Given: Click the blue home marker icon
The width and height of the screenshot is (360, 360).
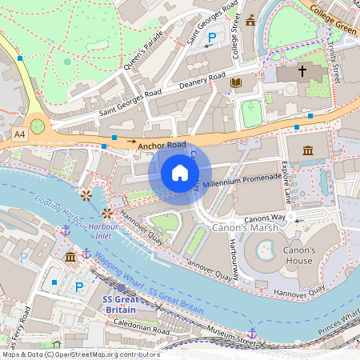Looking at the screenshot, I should tap(180, 173).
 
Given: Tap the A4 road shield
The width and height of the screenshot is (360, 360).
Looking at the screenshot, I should tap(19, 137).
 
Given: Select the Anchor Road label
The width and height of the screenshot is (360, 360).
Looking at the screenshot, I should tap(162, 146).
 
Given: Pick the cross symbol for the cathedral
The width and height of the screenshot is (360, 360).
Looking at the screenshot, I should tap(302, 71).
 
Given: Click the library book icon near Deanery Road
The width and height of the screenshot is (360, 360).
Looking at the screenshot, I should tap(235, 82).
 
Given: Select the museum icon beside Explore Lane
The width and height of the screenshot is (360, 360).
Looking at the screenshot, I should tap(308, 150).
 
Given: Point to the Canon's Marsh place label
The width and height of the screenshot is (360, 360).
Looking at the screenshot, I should tap(246, 228).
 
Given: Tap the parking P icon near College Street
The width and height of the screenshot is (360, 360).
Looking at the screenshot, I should tap(212, 38).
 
